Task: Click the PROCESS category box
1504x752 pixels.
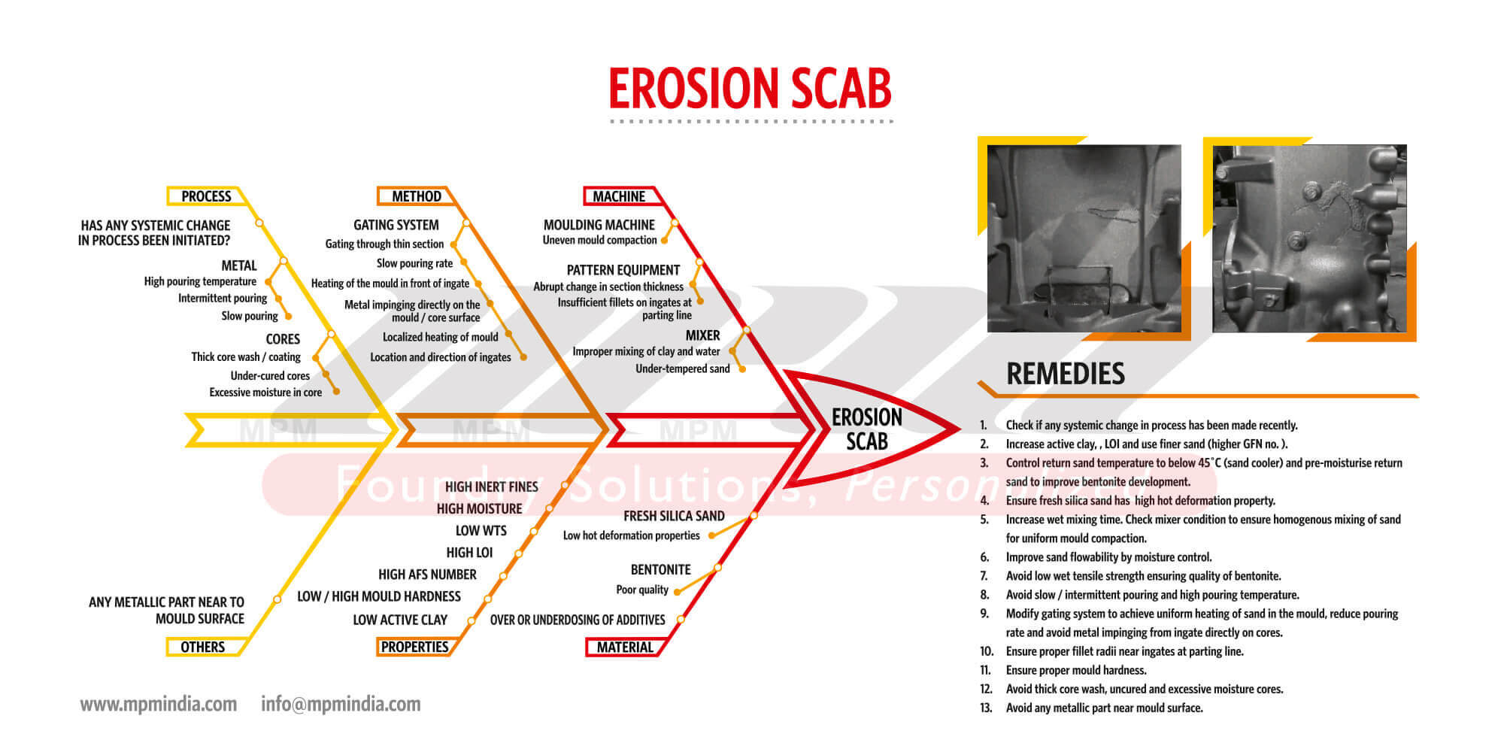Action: tap(206, 196)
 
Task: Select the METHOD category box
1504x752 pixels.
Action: tap(416, 196)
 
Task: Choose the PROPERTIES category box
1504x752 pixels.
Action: tap(414, 647)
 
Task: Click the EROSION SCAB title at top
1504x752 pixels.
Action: tap(750, 89)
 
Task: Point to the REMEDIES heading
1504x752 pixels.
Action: tap(1066, 374)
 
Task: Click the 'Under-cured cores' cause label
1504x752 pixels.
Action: tap(270, 375)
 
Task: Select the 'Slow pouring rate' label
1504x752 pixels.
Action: tap(414, 263)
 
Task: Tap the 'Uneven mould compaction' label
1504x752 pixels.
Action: tap(600, 240)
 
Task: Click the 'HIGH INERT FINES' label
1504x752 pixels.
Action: tap(492, 487)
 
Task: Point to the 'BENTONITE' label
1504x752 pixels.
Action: tap(660, 569)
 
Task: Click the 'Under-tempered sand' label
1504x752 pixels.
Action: tap(683, 368)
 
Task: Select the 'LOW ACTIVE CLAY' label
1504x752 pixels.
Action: tap(400, 620)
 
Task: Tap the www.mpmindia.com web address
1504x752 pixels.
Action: tap(159, 705)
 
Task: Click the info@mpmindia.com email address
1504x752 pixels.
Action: tap(341, 705)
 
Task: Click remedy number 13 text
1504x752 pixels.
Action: tap(1105, 708)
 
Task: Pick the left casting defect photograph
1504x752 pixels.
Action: tap(1084, 238)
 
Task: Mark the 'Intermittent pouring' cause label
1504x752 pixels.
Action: tap(223, 298)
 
